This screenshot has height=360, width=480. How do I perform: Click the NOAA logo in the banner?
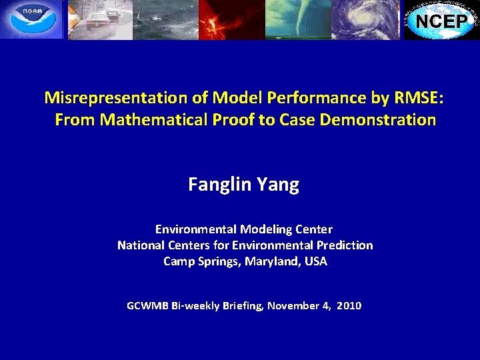(32, 19)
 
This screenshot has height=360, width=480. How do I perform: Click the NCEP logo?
(442, 20)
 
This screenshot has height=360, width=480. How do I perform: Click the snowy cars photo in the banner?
(100, 19)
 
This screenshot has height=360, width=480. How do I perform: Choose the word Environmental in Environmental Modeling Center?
(191, 229)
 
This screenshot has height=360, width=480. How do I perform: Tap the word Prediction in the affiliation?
(346, 245)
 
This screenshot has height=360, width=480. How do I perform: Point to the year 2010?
(349, 306)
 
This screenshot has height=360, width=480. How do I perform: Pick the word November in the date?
(292, 306)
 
